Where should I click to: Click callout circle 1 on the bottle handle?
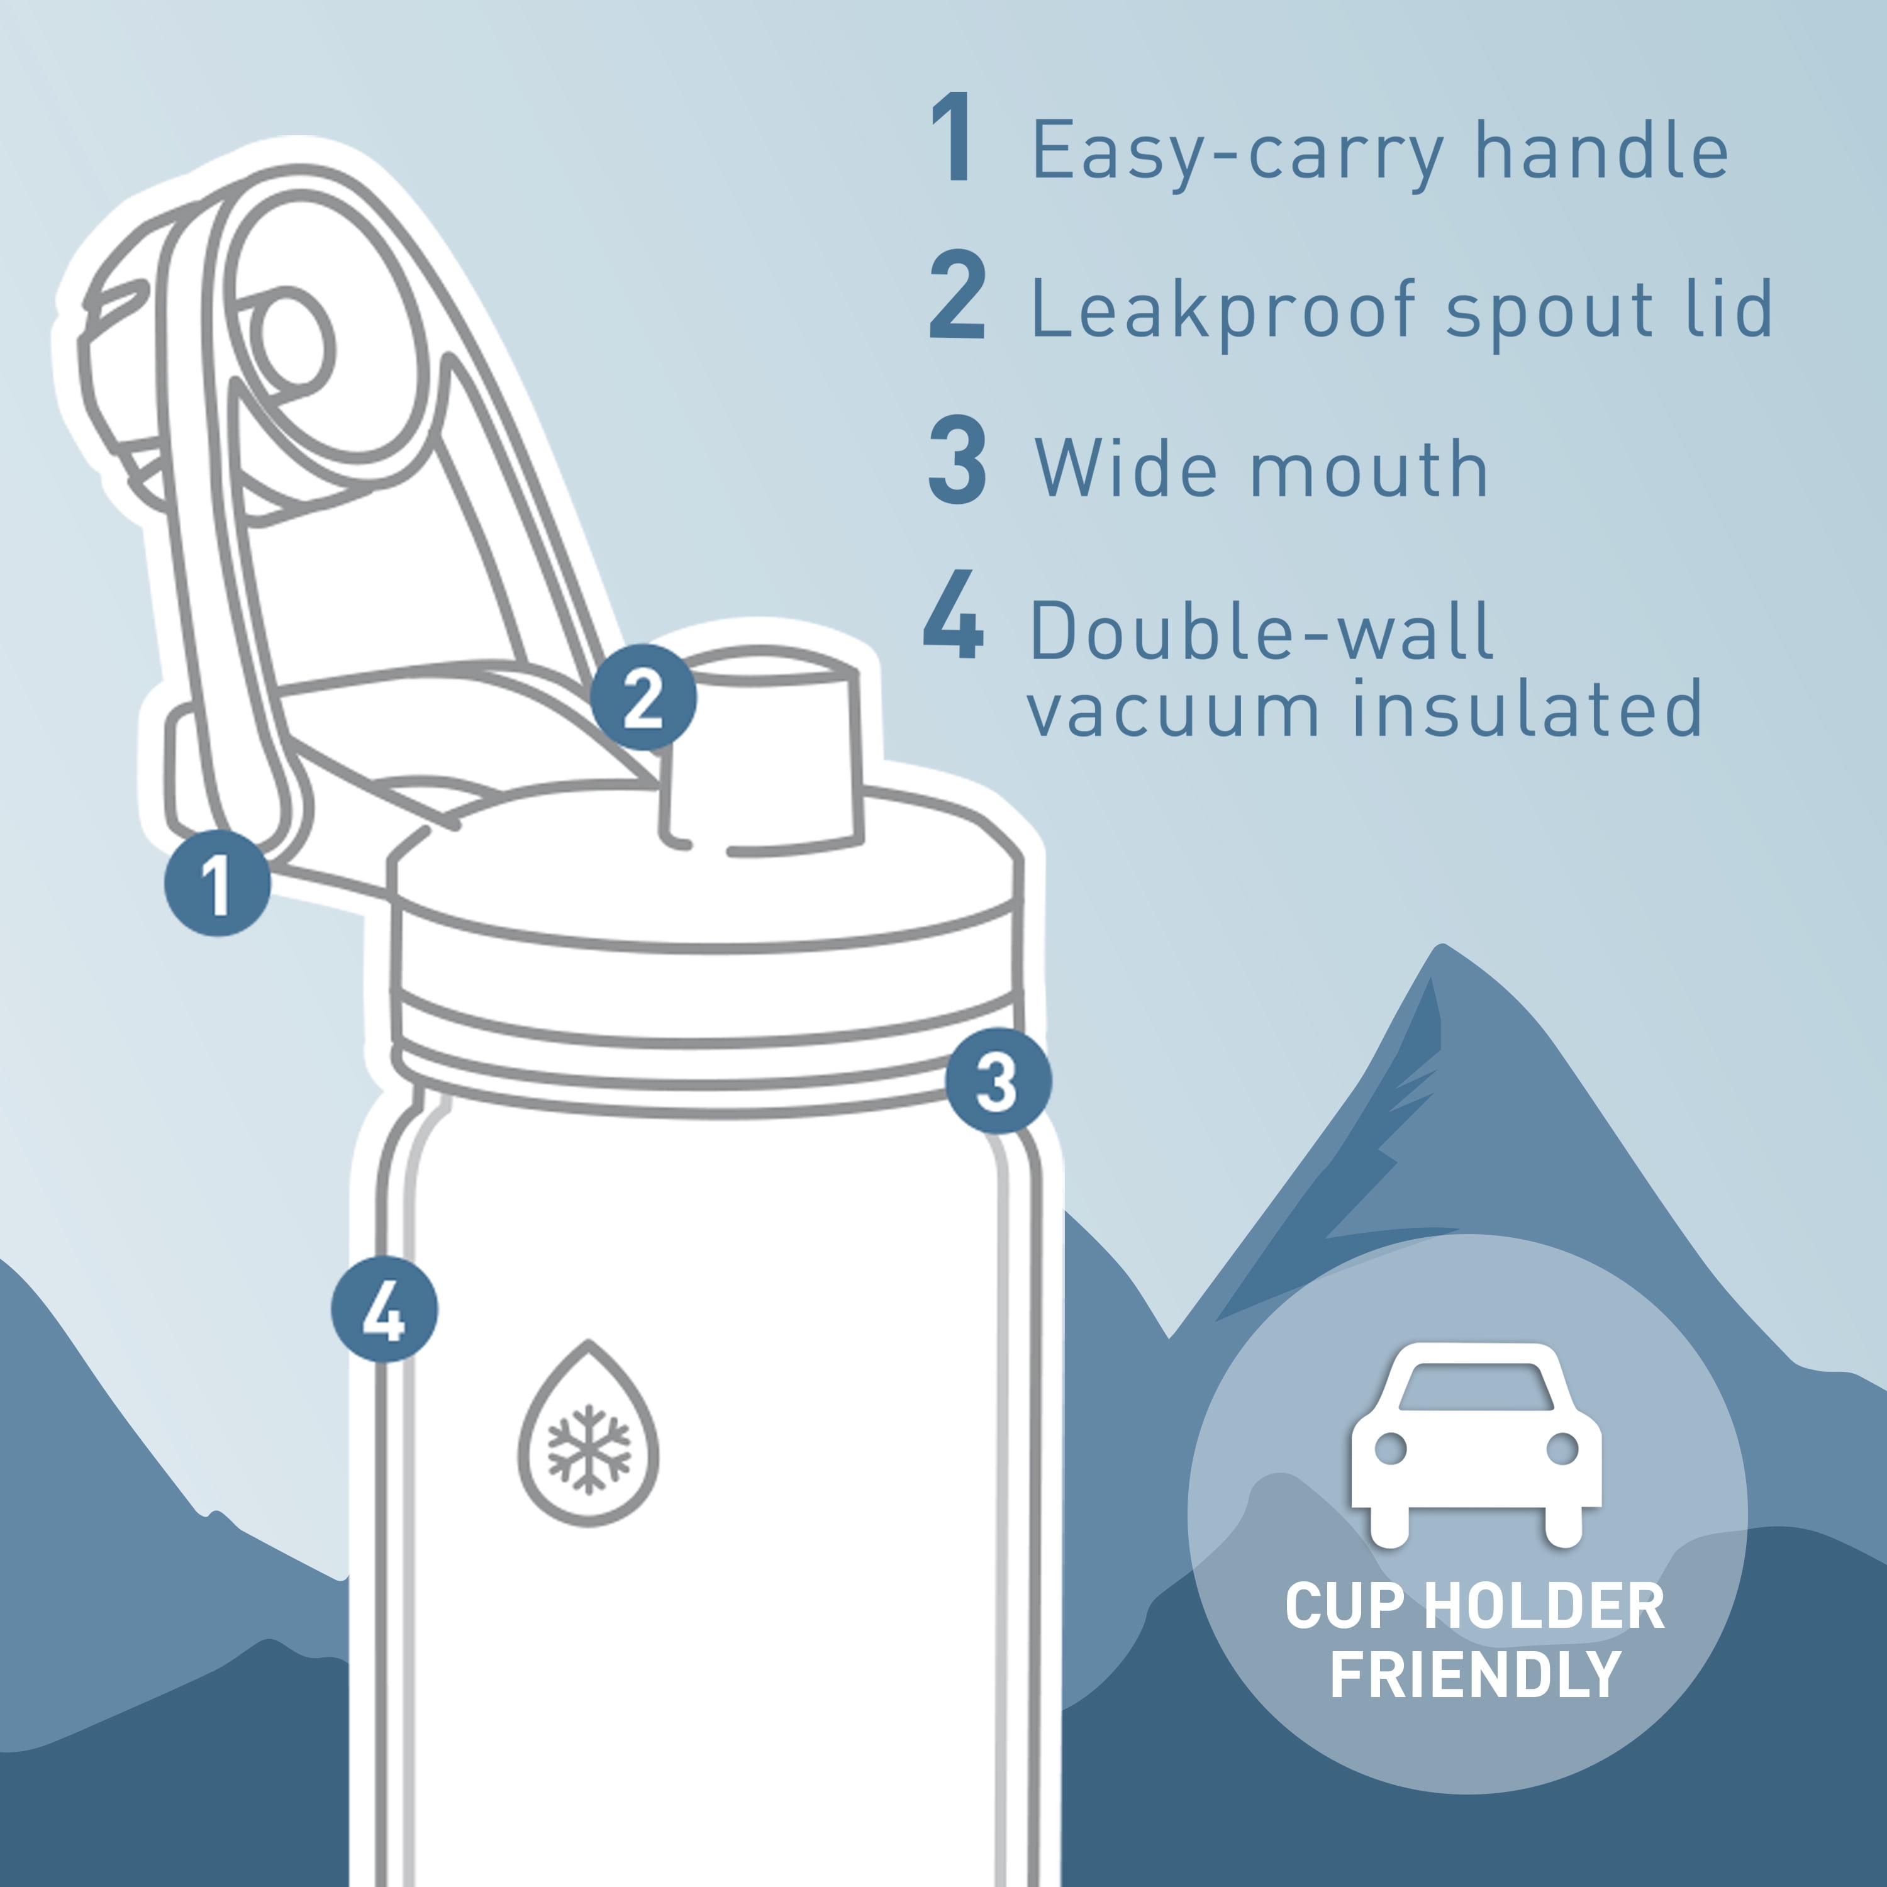coord(218,883)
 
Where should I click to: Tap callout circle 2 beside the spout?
coord(643,698)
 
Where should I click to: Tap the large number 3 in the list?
coord(957,459)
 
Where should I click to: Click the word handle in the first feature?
coord(1602,150)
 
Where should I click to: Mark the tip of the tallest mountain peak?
coord(1442,945)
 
